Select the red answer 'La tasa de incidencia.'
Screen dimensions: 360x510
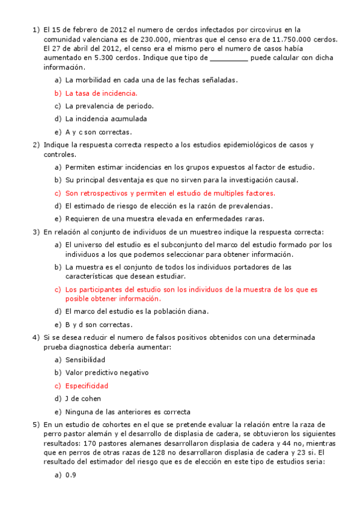tap(101, 93)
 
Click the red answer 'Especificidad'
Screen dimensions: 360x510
tap(87, 386)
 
